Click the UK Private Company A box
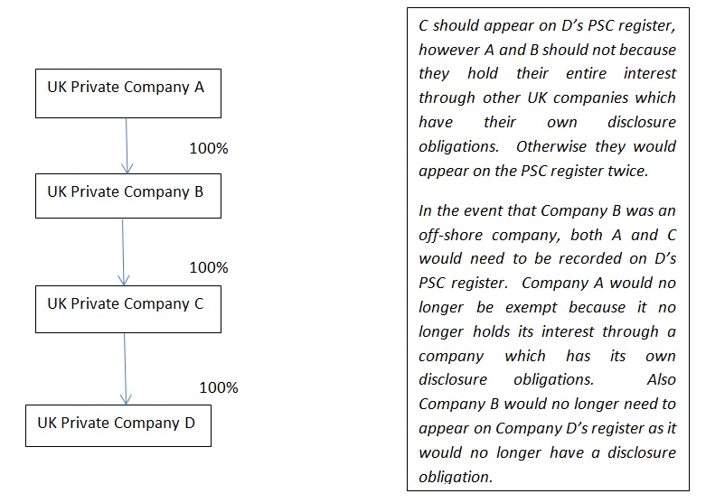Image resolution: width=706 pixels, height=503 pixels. [128, 94]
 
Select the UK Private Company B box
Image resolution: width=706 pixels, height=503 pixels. [128, 196]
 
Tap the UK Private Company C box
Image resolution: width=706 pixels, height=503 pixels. [128, 309]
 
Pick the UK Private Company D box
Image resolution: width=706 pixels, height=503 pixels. [118, 425]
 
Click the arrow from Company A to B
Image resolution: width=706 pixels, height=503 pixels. [127, 145]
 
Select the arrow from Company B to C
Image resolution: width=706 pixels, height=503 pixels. [123, 252]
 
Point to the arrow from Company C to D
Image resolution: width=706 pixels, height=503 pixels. [125, 369]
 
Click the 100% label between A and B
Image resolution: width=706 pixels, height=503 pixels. [209, 148]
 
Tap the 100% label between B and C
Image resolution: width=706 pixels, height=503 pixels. [209, 267]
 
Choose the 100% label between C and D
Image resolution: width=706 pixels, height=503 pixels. [219, 387]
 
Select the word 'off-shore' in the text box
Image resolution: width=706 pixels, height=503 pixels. [451, 235]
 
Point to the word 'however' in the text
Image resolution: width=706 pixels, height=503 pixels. [449, 50]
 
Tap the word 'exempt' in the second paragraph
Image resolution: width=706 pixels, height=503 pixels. [532, 308]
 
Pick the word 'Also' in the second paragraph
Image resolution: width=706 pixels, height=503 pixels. [662, 379]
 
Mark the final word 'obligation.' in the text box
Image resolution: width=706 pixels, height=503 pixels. [456, 477]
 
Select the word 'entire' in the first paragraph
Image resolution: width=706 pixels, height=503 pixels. [587, 73]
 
